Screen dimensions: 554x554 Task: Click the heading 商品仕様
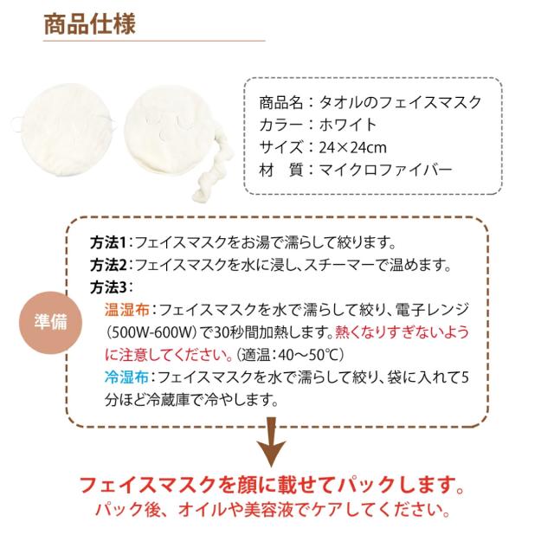pyautogui.click(x=89, y=23)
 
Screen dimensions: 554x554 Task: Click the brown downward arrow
pyautogui.click(x=274, y=444)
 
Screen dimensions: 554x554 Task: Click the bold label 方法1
pyautogui.click(x=109, y=242)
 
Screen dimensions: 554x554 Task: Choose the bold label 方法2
pyautogui.click(x=109, y=264)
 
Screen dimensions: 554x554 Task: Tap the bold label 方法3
pyautogui.click(x=109, y=287)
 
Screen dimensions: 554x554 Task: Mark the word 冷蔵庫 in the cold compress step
pyautogui.click(x=178, y=400)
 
